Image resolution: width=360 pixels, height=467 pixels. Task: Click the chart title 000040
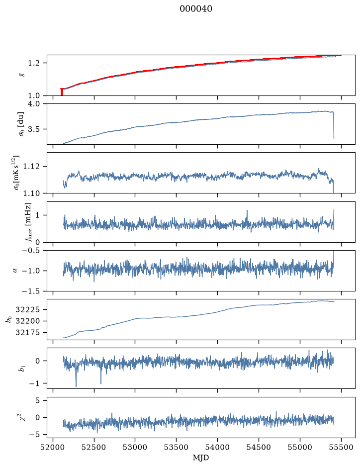[x=196, y=8]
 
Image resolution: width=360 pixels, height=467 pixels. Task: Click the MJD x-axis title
[x=201, y=458]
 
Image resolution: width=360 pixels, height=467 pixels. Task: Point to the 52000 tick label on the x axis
[x=53, y=447]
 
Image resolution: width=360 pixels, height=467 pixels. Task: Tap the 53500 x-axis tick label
[x=177, y=447]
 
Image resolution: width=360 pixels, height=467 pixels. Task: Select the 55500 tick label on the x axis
[x=341, y=447]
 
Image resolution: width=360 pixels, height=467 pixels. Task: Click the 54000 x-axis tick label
[x=217, y=447]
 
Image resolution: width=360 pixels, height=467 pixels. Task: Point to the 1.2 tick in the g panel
[x=34, y=63]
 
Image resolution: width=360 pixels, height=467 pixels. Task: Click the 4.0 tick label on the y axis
[x=34, y=104]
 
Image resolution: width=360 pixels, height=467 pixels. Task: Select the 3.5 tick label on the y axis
[x=34, y=129]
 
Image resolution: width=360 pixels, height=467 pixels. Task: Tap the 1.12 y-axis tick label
[x=31, y=166]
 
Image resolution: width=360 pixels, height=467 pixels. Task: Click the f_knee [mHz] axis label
[x=28, y=222]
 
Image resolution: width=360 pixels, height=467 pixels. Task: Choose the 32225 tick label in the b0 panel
[x=27, y=309]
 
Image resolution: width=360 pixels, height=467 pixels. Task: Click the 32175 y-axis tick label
[x=27, y=332]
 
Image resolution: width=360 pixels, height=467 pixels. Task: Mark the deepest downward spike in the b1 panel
[x=76, y=386]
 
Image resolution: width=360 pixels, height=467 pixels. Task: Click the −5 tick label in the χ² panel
[x=35, y=435]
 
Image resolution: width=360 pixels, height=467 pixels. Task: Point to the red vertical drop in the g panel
[x=62, y=92]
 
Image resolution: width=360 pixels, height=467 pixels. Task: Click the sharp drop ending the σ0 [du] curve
[x=334, y=125]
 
